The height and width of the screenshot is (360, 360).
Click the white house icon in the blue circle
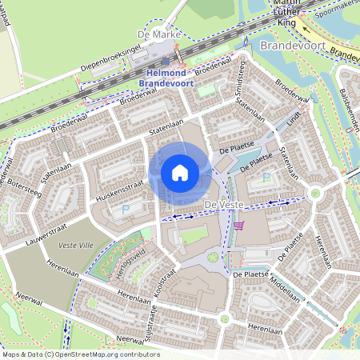[180, 172]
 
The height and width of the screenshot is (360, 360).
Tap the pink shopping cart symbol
[238, 226]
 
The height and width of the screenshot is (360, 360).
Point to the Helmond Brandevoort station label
[166, 78]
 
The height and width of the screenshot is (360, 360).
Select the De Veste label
[222, 207]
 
